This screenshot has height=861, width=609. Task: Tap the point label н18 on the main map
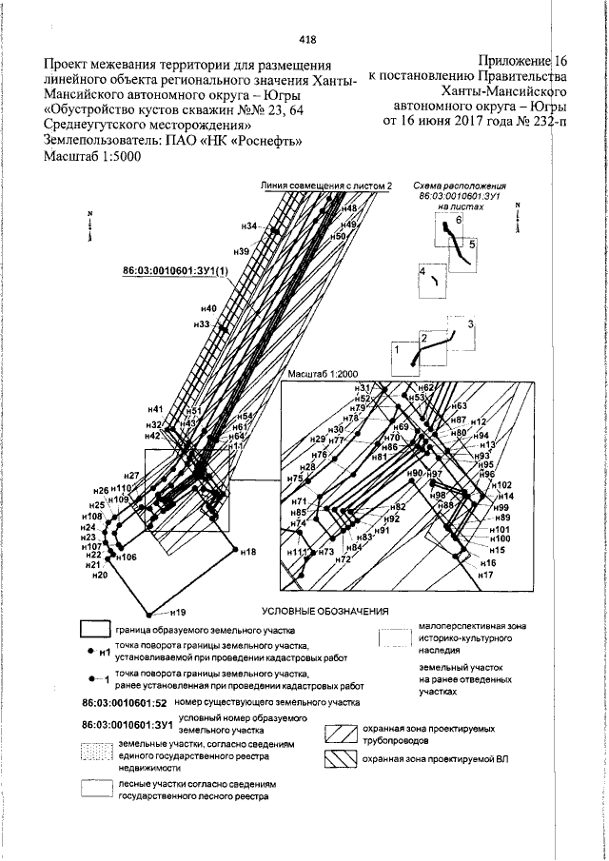coord(248,551)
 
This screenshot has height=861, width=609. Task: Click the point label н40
coord(209,308)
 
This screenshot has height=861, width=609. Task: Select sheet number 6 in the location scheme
coord(459,220)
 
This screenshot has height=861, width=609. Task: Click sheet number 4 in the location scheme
coord(422,272)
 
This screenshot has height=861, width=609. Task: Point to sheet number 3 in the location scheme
coord(469,325)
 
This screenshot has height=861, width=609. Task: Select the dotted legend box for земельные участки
coord(96,751)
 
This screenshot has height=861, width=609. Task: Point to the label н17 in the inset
coord(485,577)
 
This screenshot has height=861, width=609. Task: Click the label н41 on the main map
coord(156,409)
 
